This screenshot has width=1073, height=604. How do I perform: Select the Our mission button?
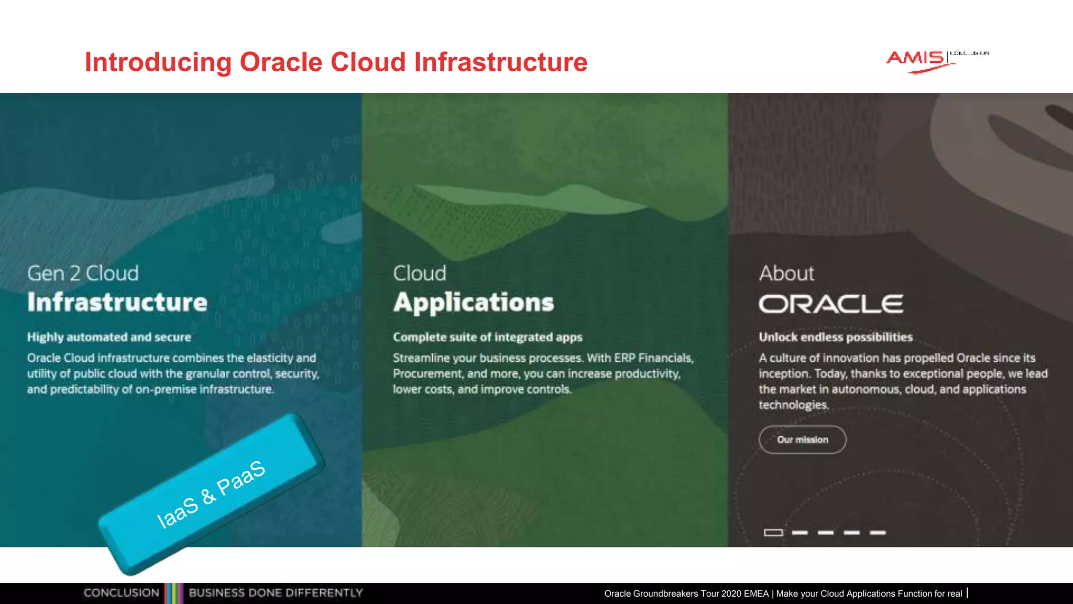[x=802, y=439]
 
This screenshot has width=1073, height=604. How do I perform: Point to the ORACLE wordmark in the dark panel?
[x=830, y=304]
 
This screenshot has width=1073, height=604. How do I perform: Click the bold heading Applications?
[x=473, y=303]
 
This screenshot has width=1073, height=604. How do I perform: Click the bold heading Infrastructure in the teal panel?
[x=117, y=303]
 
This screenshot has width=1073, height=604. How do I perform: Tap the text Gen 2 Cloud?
[x=83, y=273]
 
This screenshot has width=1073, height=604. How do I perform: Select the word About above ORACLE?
[x=786, y=273]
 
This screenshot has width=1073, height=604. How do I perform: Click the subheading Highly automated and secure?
[x=109, y=337]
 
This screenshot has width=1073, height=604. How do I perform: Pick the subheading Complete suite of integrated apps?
[x=487, y=337]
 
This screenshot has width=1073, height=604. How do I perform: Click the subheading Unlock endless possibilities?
[x=836, y=337]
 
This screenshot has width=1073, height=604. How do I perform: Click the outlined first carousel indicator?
[x=773, y=533]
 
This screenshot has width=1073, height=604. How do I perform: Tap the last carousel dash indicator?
[x=878, y=533]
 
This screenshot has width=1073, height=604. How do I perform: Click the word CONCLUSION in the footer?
[x=121, y=593]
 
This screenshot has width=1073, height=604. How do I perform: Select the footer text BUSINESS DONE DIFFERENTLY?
[x=276, y=593]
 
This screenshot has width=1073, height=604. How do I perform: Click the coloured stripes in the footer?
[x=174, y=593]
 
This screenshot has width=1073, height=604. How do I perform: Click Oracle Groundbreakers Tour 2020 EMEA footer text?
[x=686, y=594]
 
